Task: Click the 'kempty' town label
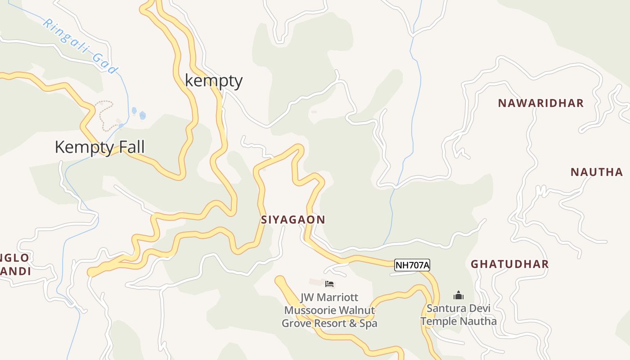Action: click(214, 81)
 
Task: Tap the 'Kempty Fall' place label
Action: click(99, 147)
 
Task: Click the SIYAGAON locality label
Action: click(293, 220)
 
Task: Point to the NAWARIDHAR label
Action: click(540, 103)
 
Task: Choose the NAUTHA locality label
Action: click(597, 172)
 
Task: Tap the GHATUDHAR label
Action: click(509, 264)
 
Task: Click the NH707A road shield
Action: click(412, 265)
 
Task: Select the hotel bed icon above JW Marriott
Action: click(329, 283)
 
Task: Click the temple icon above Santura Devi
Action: click(459, 296)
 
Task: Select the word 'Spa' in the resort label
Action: click(368, 324)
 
